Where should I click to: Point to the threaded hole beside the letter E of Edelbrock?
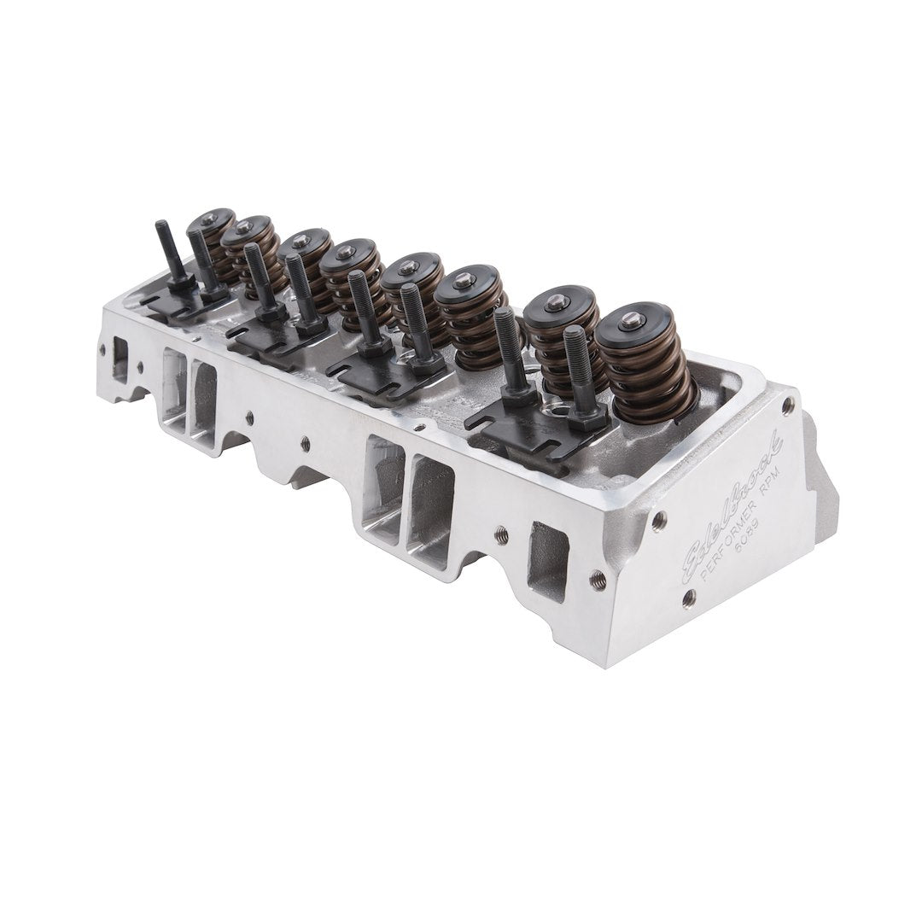click(x=659, y=521)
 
